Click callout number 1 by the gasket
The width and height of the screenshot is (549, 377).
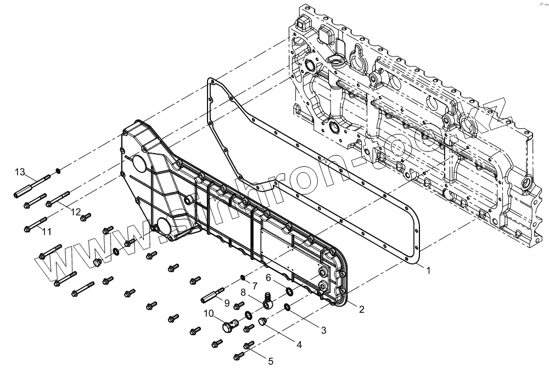[428, 271]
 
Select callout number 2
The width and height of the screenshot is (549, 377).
[361, 309]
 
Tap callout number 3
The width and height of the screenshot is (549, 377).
[323, 330]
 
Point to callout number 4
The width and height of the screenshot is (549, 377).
[299, 345]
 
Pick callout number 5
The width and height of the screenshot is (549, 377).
[270, 361]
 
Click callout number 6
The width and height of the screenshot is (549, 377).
[268, 278]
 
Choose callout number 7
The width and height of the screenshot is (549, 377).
[254, 285]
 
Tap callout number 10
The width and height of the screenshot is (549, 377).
[208, 314]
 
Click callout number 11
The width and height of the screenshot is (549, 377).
[47, 232]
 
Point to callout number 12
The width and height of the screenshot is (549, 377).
[75, 212]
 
